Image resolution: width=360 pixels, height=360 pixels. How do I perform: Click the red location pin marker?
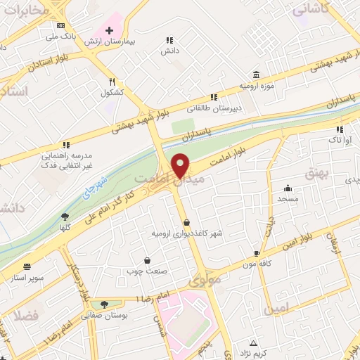(x=181, y=165)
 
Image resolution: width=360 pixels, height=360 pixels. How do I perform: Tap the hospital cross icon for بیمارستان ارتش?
(x=109, y=30)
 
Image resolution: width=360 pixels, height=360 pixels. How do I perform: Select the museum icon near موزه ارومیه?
(x=255, y=74)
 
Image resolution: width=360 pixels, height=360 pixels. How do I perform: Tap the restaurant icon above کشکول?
(x=112, y=82)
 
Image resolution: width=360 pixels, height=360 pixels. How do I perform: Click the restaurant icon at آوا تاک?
(x=340, y=129)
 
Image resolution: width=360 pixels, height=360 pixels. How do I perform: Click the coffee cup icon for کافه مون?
(x=257, y=252)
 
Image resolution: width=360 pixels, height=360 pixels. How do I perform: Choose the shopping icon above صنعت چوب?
(x=146, y=260)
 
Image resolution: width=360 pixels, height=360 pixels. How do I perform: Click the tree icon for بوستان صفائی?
(x=104, y=304)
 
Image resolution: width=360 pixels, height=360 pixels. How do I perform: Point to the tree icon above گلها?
(x=65, y=217)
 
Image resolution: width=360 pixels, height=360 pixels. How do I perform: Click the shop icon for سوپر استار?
(x=27, y=266)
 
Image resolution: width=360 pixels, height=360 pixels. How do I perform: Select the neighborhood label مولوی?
(x=205, y=281)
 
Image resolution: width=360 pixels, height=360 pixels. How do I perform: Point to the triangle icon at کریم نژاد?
(x=254, y=342)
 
